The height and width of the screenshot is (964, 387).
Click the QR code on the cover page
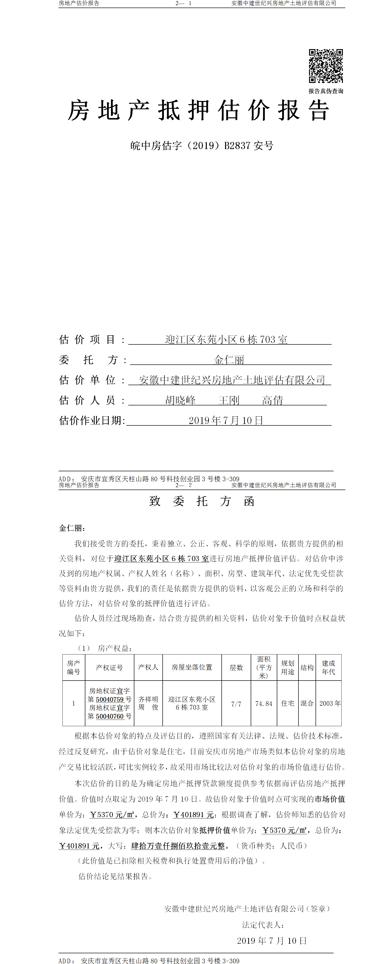[326, 66]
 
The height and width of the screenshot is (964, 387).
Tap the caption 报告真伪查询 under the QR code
[326, 91]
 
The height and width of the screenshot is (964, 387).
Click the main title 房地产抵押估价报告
[198, 111]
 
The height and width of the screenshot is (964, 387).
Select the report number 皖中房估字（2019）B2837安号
[202, 146]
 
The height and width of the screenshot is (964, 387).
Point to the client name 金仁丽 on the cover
[229, 360]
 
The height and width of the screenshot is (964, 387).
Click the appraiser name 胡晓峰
[180, 401]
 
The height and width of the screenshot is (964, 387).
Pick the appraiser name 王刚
[229, 401]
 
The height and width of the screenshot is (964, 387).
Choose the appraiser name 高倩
[272, 401]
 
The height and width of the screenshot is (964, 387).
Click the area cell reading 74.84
[264, 703]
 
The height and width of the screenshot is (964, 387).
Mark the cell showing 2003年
[330, 703]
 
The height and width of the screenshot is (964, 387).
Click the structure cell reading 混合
[307, 703]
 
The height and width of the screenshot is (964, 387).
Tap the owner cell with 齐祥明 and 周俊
[148, 703]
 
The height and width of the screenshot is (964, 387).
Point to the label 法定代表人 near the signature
[263, 925]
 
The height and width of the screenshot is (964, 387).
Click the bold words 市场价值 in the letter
[330, 799]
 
